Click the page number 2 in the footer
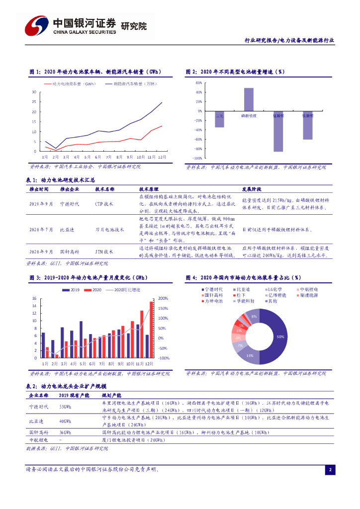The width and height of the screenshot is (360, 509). tap(330, 470)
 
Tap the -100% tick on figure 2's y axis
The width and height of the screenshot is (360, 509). tap(197, 158)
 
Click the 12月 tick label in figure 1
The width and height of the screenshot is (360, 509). tap(162, 157)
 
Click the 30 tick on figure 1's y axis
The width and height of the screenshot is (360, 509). tap(34, 92)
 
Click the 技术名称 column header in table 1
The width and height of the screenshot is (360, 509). tap(105, 189)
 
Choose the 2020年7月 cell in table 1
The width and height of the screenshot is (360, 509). tap(41, 230)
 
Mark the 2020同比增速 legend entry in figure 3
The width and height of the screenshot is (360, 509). tap(124, 289)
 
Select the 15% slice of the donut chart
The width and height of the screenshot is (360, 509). tap(249, 354)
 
